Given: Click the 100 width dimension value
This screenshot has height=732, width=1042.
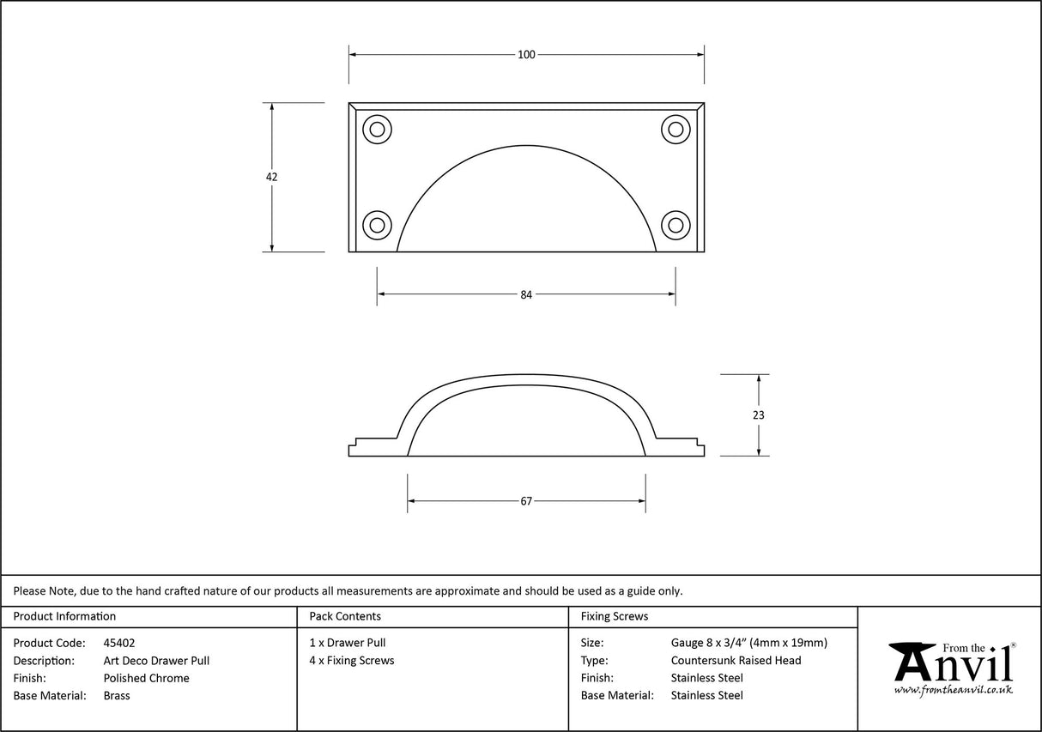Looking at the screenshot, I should click(526, 55).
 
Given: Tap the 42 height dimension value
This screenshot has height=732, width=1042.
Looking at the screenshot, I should click(272, 177).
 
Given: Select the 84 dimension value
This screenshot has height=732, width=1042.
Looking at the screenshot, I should click(526, 294).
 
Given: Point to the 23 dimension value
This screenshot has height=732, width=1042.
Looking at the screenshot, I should click(758, 415).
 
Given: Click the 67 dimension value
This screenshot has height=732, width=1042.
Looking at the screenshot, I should click(526, 501).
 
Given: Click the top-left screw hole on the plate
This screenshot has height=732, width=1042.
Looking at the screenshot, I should click(377, 130).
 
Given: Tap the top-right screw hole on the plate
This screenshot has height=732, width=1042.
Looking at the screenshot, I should click(675, 130).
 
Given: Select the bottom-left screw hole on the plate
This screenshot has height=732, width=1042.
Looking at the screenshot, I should click(377, 225).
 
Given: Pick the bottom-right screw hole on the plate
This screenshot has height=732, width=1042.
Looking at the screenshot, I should click(675, 225).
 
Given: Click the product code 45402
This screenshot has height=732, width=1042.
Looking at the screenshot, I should click(118, 643).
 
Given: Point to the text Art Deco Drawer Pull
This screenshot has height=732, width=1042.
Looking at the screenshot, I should click(156, 661).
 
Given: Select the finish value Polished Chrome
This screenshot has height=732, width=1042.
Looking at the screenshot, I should click(146, 678).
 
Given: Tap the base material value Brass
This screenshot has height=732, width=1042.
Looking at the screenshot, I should click(117, 696).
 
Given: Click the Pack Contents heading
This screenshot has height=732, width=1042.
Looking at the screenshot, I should click(345, 616).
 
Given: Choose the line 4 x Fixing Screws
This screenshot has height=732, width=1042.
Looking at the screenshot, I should click(352, 661).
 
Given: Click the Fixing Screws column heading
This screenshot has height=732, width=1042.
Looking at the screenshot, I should click(615, 616).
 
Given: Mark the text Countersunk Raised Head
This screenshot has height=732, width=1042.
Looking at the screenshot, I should click(736, 661).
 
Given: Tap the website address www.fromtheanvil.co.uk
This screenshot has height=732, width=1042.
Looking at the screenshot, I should click(953, 690).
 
